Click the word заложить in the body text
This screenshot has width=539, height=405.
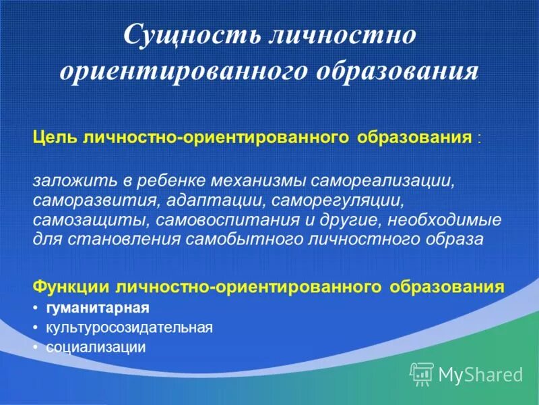pos(63,182)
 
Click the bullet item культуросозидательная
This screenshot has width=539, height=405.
pos(129,328)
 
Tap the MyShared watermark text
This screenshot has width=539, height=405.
pos(480,373)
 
